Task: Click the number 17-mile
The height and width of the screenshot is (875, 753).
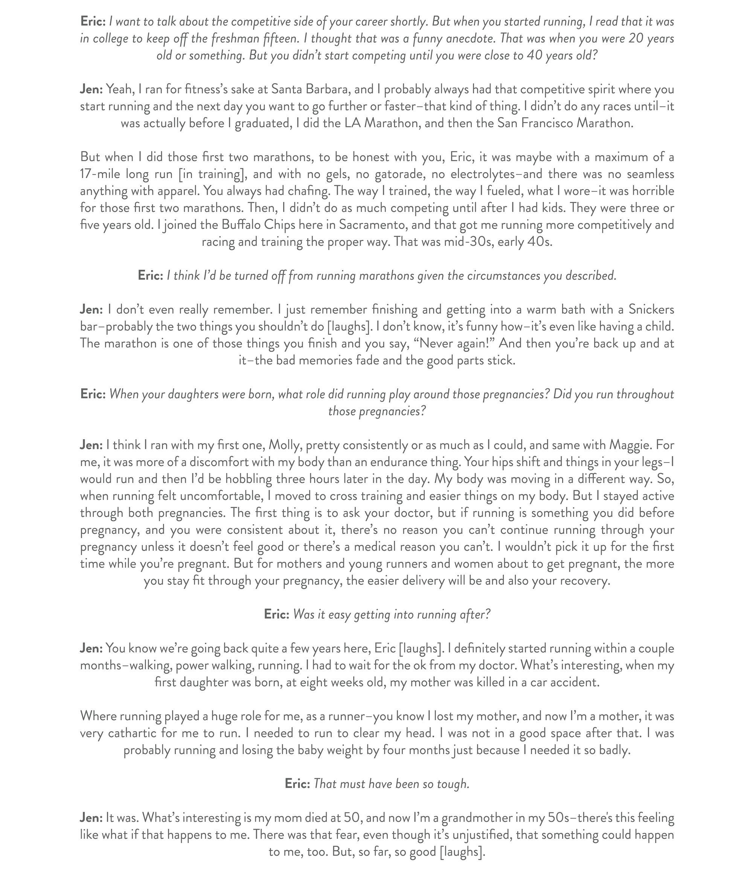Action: pyautogui.click(x=100, y=174)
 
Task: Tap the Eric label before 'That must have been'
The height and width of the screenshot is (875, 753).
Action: pyautogui.click(x=297, y=784)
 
